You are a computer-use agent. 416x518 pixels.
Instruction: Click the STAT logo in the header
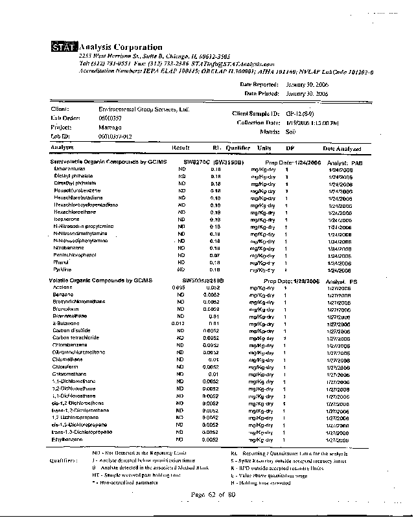click(x=64, y=47)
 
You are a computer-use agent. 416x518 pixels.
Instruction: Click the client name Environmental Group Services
click(x=143, y=109)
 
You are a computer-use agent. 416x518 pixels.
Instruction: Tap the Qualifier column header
click(x=238, y=148)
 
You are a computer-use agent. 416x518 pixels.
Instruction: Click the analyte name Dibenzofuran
click(x=69, y=168)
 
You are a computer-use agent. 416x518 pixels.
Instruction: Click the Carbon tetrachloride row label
click(x=76, y=337)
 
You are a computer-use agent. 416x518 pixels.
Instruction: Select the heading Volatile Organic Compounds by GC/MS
click(x=100, y=280)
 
